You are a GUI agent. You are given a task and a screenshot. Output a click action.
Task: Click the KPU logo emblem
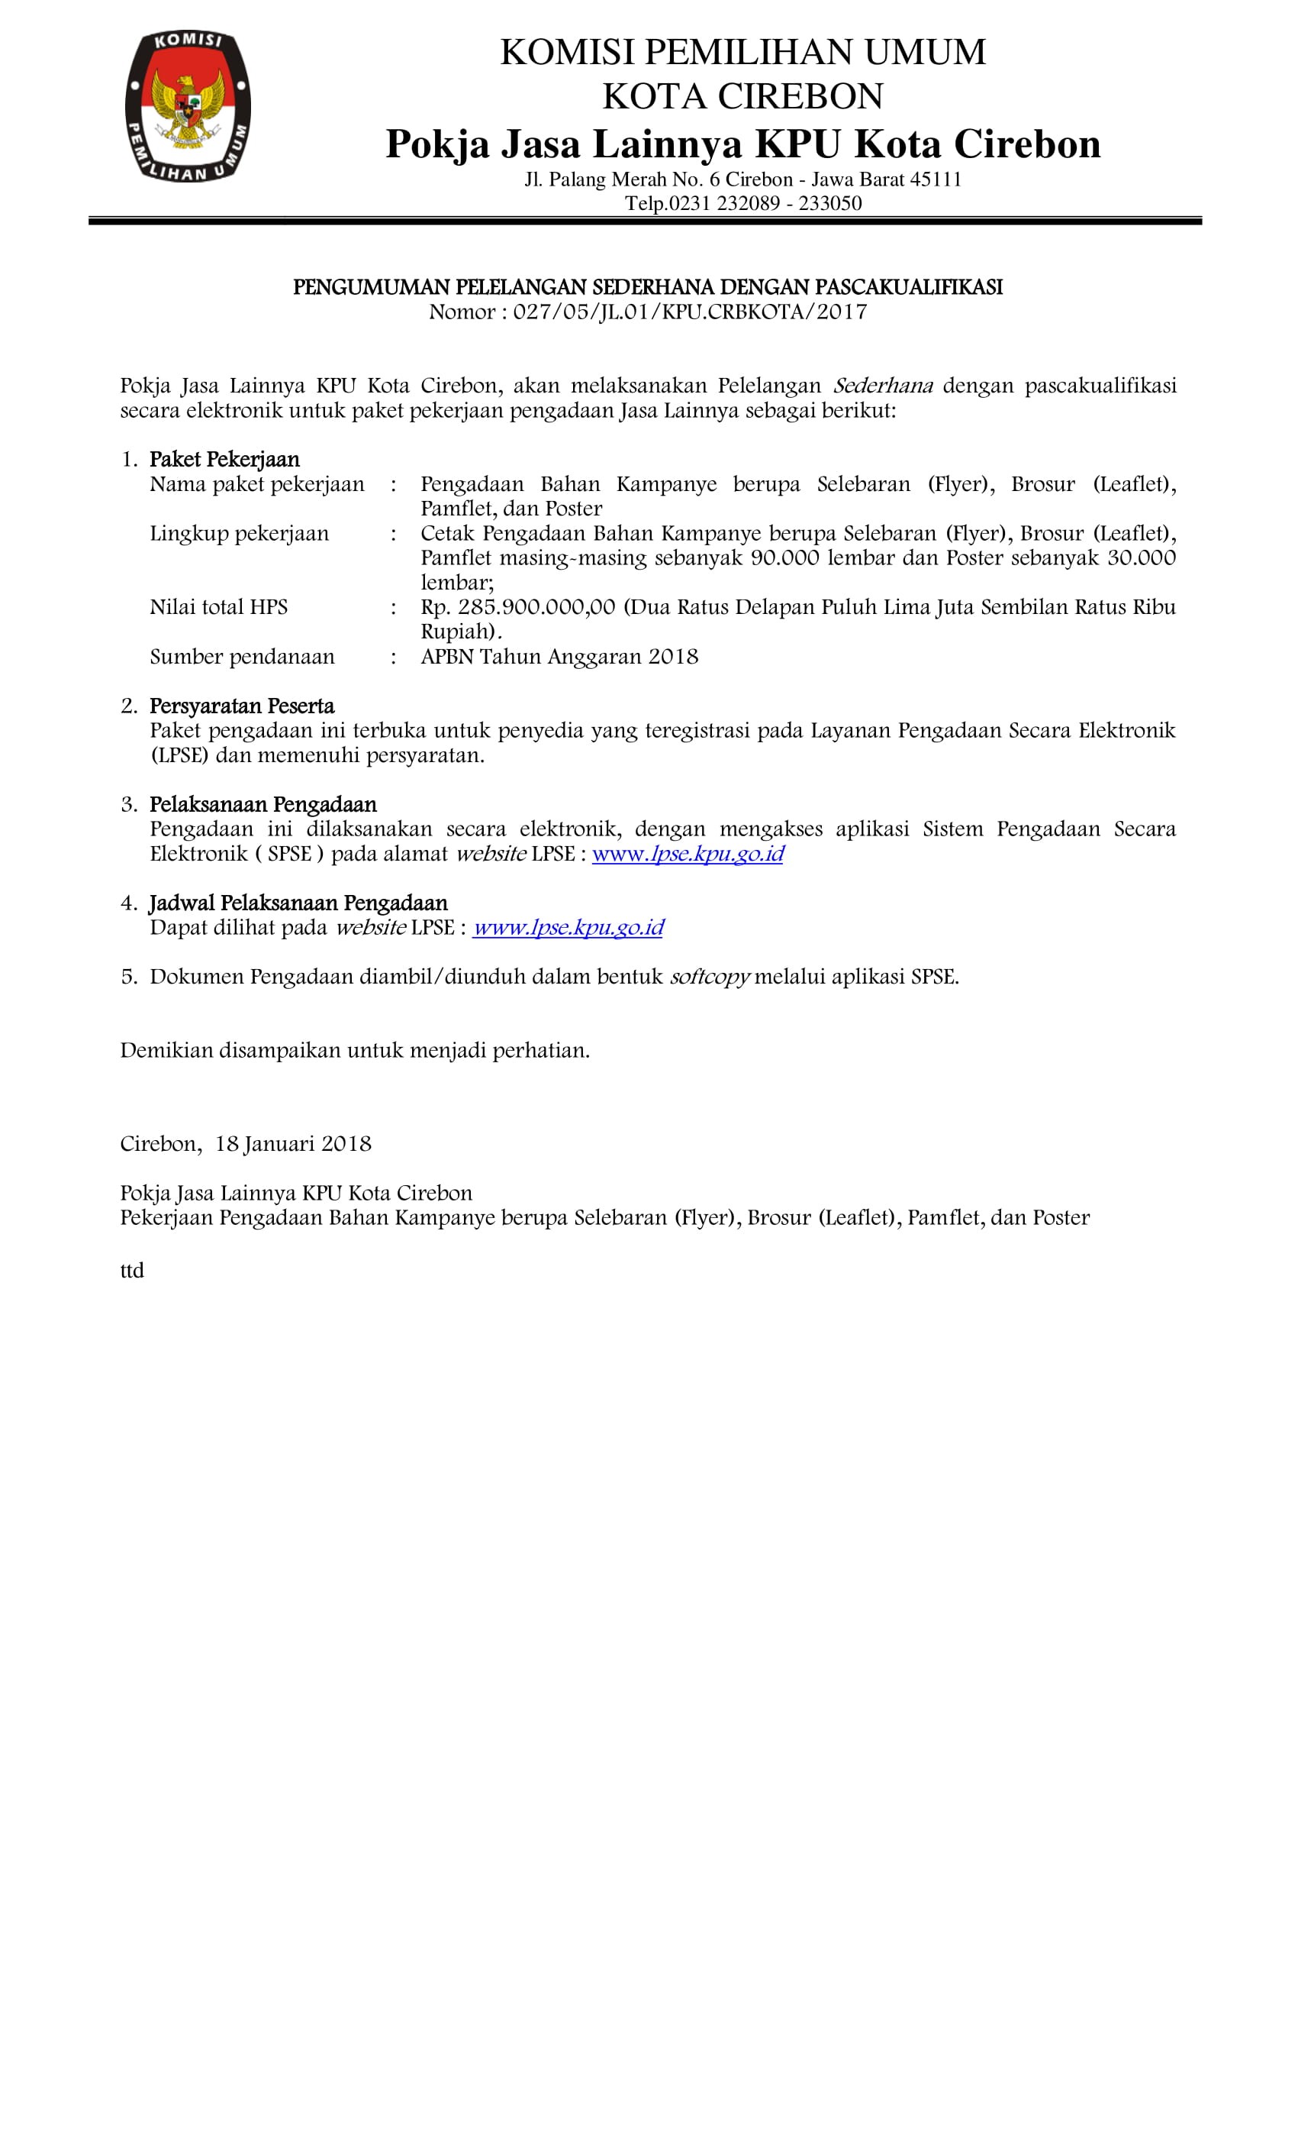(x=188, y=106)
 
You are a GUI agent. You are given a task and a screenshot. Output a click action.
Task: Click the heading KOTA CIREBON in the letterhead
(x=742, y=96)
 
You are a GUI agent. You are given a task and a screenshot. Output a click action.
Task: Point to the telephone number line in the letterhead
(x=742, y=204)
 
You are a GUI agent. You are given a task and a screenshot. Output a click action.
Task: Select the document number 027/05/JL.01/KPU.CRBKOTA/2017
(x=690, y=312)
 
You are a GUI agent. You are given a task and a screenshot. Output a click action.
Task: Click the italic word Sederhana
(x=882, y=386)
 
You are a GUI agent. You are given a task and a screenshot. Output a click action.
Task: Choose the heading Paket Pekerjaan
(x=224, y=459)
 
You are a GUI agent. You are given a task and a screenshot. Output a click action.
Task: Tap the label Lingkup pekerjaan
(x=240, y=533)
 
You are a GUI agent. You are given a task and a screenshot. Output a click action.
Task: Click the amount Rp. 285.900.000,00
(x=518, y=607)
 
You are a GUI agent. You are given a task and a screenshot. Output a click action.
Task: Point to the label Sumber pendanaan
(x=242, y=656)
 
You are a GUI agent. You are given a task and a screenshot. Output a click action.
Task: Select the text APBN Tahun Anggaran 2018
(x=559, y=656)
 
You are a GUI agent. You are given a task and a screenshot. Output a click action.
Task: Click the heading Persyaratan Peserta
(x=241, y=706)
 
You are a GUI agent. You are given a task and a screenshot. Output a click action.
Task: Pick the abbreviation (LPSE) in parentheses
(x=179, y=755)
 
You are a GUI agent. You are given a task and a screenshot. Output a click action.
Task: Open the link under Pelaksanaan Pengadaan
(x=688, y=855)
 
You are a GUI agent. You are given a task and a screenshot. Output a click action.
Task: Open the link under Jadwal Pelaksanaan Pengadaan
(x=568, y=928)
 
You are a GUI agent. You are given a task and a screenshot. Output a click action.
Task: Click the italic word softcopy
(x=709, y=977)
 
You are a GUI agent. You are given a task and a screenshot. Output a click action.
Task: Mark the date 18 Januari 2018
(x=293, y=1144)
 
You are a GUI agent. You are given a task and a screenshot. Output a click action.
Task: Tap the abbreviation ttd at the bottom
(x=132, y=1271)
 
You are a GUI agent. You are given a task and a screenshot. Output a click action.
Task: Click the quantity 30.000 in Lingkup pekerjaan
(x=1141, y=557)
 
